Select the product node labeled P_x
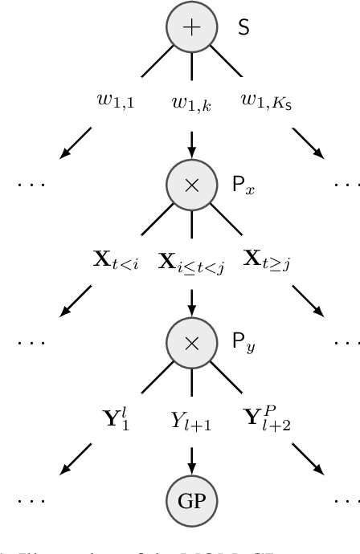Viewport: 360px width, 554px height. [190, 184]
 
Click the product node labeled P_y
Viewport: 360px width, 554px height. [190, 343]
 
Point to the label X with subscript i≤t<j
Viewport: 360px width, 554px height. [190, 260]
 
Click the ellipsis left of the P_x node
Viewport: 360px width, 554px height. [31, 185]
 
